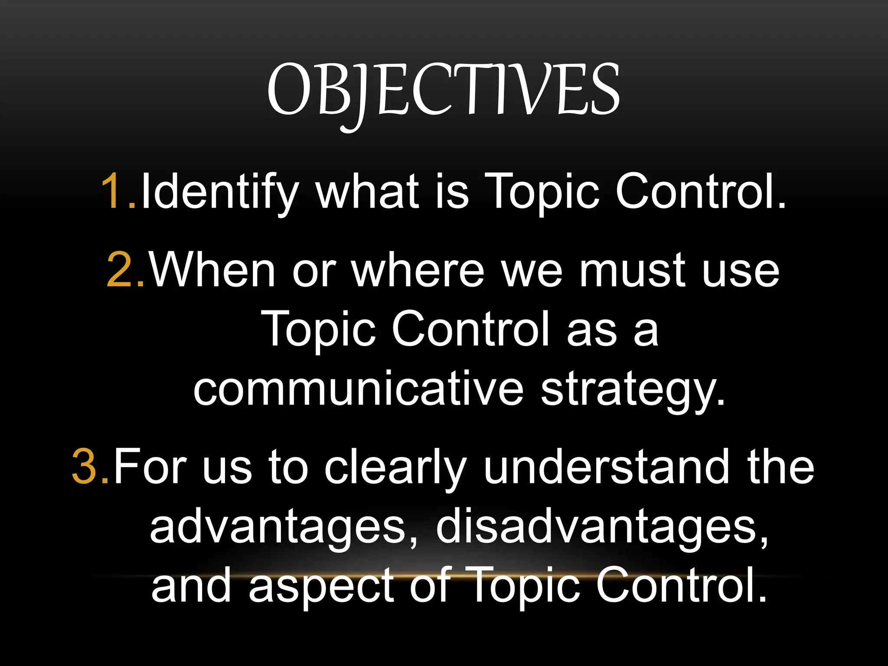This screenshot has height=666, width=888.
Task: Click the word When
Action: (x=212, y=270)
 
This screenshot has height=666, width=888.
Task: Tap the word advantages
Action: (x=278, y=527)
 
